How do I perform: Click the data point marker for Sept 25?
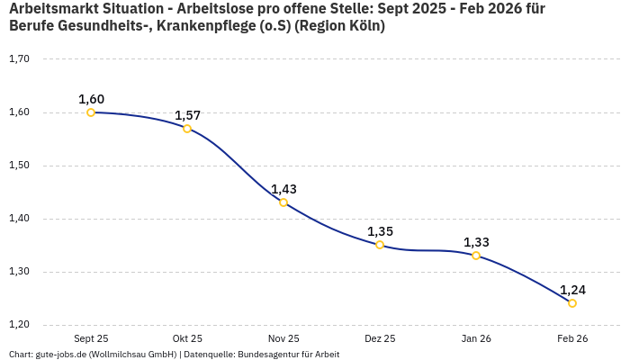tap(91, 112)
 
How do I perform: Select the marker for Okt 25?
tap(187, 129)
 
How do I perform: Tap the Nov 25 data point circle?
tap(283, 202)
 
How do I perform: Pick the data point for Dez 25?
tap(380, 245)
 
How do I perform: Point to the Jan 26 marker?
tap(476, 256)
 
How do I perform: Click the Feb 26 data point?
tap(572, 303)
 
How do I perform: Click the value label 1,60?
tap(91, 99)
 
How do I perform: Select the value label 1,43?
tap(283, 189)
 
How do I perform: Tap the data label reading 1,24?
tap(572, 290)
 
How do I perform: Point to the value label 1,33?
tap(476, 242)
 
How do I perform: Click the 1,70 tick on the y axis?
tap(19, 59)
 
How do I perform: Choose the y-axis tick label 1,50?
tap(19, 166)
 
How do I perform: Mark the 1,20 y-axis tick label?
tap(19, 325)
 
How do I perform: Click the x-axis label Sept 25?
tap(91, 338)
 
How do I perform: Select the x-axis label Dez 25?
tap(380, 338)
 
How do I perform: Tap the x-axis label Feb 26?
tap(572, 338)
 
